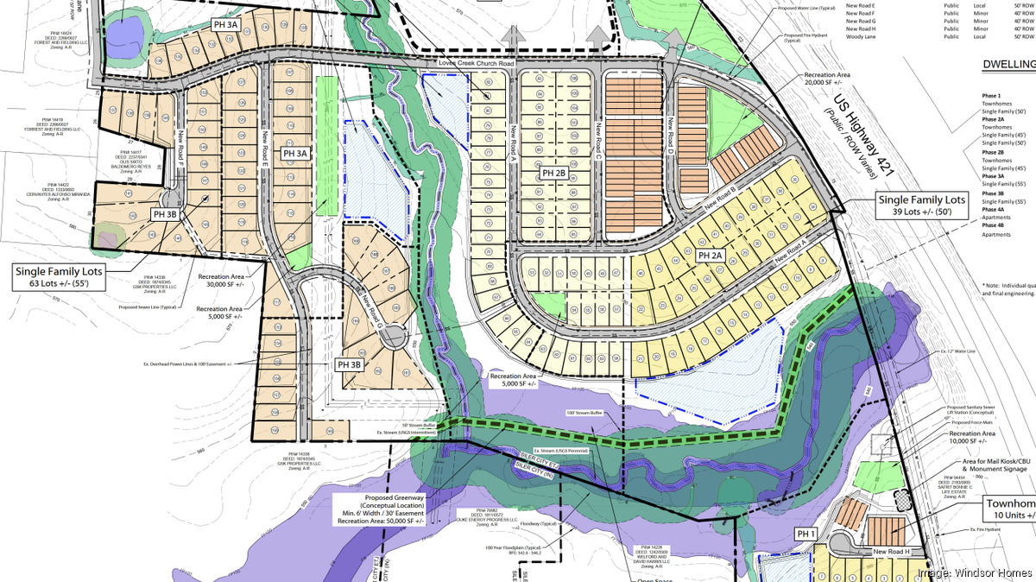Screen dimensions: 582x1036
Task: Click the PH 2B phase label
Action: (x=554, y=174)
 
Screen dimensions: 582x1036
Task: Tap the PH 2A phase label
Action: (x=710, y=256)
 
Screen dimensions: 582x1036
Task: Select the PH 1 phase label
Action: (x=806, y=535)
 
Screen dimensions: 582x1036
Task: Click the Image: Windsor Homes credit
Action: (x=973, y=572)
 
